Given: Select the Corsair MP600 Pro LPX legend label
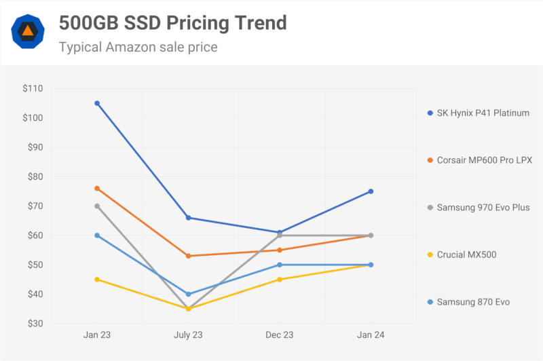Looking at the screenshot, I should pos(484,160).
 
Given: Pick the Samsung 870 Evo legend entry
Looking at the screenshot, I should pos(473,301).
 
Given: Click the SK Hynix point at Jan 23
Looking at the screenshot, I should pos(97,103).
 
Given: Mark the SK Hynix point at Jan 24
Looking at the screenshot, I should pos(371,191).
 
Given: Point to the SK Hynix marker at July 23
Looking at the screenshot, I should pos(188,218).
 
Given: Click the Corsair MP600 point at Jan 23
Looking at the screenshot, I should pos(97,188).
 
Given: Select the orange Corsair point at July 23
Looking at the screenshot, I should pos(188,256).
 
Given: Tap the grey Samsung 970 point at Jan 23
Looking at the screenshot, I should pos(97,206).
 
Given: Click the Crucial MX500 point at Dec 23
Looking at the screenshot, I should pos(280,279).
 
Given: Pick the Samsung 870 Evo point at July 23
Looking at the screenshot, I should pos(188,294).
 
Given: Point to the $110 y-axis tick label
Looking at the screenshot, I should pos(32,88).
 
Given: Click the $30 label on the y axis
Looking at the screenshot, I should pos(34,324).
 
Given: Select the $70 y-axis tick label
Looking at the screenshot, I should pos(34,206).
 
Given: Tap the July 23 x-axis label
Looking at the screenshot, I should pos(188,336).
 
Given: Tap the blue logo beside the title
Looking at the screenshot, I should pos(28,31).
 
